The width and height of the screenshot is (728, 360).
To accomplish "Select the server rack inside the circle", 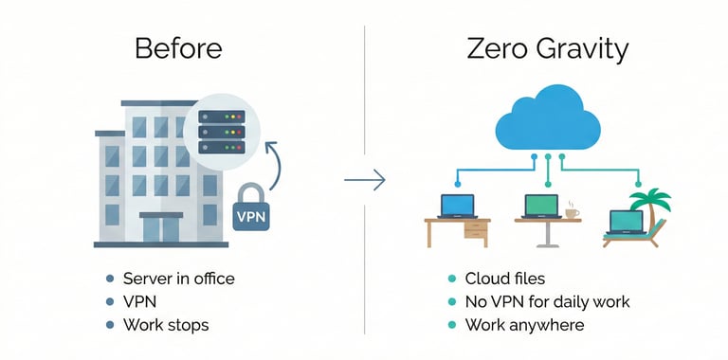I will click(x=221, y=132).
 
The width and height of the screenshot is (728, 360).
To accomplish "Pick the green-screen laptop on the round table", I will click(x=539, y=206).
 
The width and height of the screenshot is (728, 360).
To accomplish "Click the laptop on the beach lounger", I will click(x=625, y=221).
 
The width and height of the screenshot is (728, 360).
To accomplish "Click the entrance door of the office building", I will click(x=162, y=228).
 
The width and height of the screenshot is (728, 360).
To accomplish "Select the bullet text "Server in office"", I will click(x=178, y=279).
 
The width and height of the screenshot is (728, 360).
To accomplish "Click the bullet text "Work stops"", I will click(x=166, y=325).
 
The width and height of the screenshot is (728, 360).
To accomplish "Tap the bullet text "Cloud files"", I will click(x=504, y=279).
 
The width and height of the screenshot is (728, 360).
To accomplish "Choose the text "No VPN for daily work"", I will click(x=547, y=302).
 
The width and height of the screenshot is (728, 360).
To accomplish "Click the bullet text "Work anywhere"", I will click(x=523, y=325).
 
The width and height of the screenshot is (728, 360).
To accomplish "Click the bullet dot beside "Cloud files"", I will click(x=451, y=279).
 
